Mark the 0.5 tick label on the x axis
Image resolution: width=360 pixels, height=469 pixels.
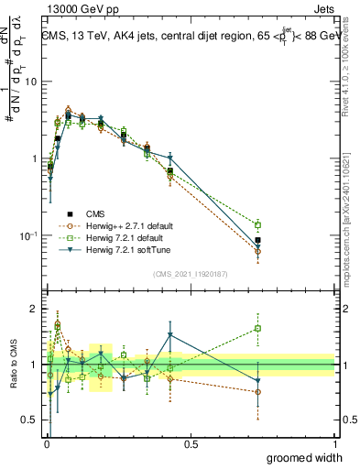point(191,443)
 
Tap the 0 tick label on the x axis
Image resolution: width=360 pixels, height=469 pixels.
point(47,443)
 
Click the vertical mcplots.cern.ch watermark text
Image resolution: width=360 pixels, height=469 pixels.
point(351,211)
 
